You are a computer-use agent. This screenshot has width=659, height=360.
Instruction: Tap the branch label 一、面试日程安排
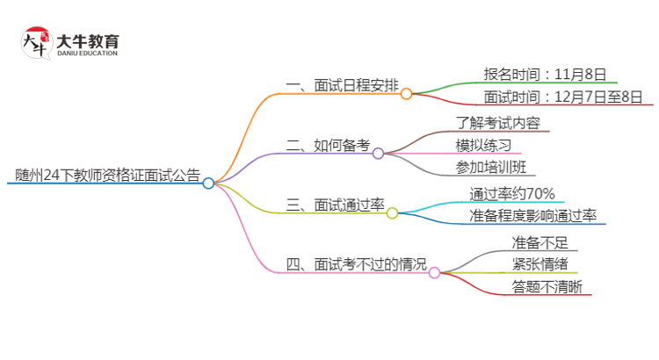click(342, 86)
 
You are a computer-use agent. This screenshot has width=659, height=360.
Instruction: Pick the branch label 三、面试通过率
click(335, 205)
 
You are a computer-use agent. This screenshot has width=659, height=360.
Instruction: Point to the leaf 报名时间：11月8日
click(545, 74)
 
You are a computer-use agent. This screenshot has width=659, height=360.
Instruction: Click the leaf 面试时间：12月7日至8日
click(563, 96)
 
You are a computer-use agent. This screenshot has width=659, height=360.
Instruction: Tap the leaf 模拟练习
click(483, 145)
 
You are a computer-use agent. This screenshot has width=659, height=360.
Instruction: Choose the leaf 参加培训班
click(491, 168)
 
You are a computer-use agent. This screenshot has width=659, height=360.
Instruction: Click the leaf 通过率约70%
click(511, 193)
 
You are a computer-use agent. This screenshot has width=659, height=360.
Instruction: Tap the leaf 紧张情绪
click(540, 264)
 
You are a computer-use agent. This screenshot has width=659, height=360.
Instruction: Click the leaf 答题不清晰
click(546, 286)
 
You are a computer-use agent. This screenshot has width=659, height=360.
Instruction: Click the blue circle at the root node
click(208, 184)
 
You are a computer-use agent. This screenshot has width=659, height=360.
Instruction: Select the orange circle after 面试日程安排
click(406, 94)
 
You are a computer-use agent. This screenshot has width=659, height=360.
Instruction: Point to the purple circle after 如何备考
click(378, 154)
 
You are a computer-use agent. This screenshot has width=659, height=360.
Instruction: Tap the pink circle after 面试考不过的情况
click(434, 273)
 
